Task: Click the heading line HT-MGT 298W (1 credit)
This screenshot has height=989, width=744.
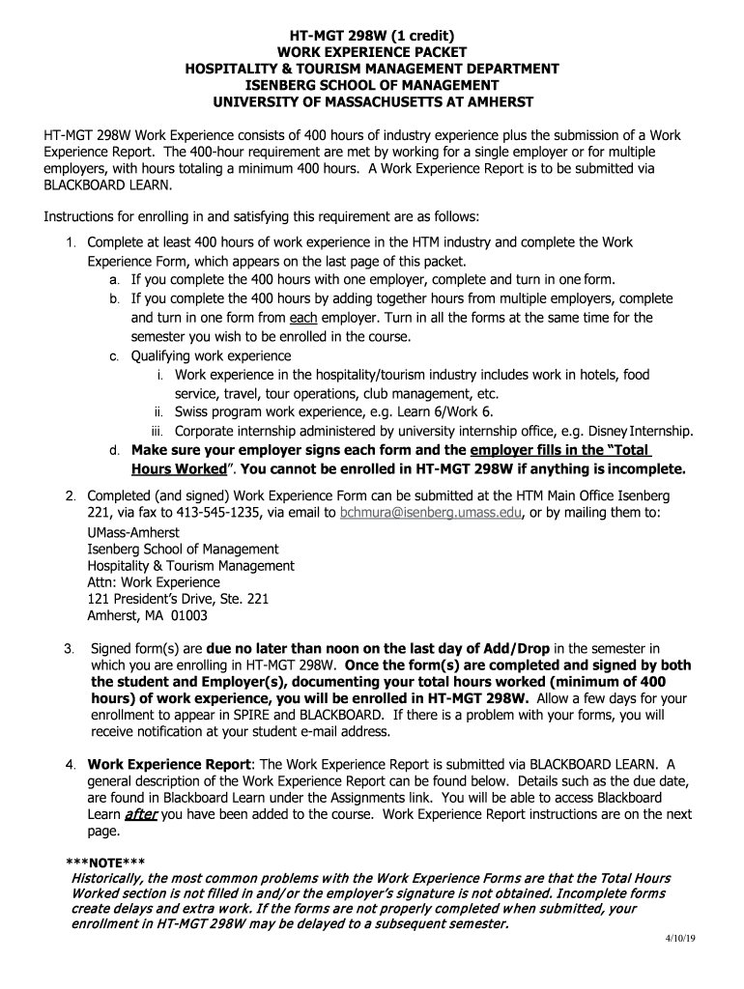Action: [x=372, y=36]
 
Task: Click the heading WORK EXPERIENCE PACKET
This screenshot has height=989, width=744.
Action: [x=372, y=52]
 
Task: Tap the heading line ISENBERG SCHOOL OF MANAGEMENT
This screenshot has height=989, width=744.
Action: [x=372, y=85]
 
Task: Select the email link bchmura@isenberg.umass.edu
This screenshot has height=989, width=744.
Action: [x=431, y=512]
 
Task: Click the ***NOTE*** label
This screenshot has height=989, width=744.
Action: [x=105, y=862]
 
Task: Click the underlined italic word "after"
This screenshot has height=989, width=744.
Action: [x=140, y=814]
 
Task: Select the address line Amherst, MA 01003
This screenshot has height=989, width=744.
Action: [x=147, y=615]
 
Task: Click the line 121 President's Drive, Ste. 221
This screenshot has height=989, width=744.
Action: [x=178, y=599]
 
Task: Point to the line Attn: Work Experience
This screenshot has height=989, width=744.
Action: [x=153, y=582]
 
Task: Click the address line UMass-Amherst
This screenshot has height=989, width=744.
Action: [x=132, y=532]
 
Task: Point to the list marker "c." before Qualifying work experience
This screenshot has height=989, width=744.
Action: [x=114, y=356]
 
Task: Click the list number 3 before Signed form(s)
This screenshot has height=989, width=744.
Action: [x=69, y=648]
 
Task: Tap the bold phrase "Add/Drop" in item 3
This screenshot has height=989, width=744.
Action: [x=518, y=648]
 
